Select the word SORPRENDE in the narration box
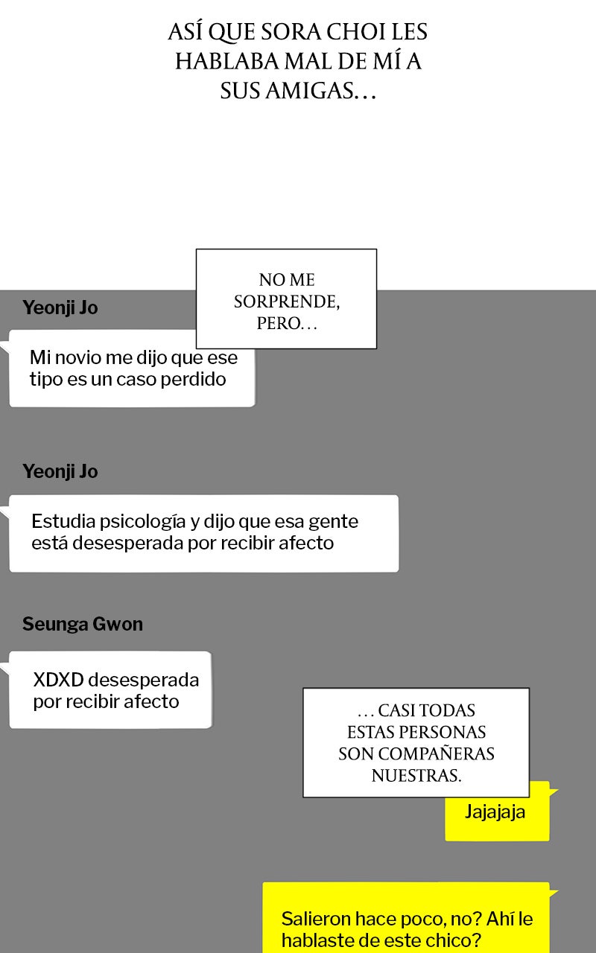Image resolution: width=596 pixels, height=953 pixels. click(287, 302)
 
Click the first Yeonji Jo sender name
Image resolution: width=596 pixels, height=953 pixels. click(60, 307)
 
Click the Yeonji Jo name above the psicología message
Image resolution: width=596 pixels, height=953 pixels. click(60, 471)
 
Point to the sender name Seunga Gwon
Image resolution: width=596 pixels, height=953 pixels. click(83, 624)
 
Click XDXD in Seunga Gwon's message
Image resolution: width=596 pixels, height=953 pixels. click(58, 680)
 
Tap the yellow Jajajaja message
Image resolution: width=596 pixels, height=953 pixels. click(495, 812)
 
